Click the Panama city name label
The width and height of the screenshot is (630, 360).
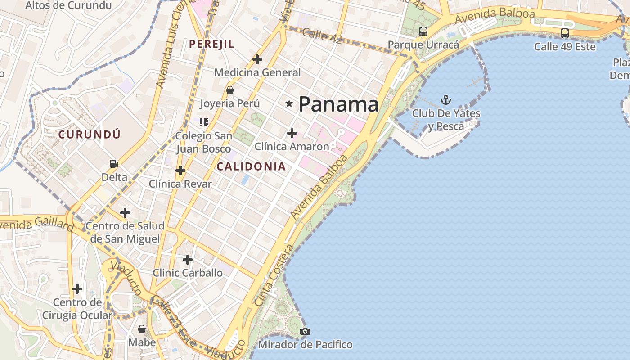[x=338, y=104]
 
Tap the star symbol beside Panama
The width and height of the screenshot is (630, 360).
[x=289, y=104]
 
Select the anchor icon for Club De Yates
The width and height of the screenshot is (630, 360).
[x=446, y=99]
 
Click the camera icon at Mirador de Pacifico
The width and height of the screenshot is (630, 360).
[x=305, y=332]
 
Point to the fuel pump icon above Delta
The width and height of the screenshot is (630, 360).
[x=114, y=164]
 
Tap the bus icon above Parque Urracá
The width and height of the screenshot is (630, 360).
[x=423, y=31]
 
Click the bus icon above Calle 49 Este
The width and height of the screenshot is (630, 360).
[x=565, y=33]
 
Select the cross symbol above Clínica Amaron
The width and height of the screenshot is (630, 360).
[x=292, y=133]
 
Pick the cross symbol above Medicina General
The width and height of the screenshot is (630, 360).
[x=257, y=59]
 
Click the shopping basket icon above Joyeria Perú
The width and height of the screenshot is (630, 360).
[x=230, y=90]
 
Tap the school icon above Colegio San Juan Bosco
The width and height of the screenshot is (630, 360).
[x=204, y=122]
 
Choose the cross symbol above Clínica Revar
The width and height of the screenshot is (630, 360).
[x=180, y=171]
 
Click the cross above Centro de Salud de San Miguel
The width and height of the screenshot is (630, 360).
[x=125, y=213]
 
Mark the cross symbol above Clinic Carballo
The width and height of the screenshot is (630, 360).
[x=188, y=260]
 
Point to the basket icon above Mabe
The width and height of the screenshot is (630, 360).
[x=142, y=329]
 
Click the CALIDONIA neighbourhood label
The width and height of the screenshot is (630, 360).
[x=251, y=166]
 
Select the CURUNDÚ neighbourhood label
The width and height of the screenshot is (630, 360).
[x=90, y=134]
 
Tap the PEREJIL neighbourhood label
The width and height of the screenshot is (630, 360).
[x=211, y=44]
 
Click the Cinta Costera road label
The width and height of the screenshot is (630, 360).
[x=274, y=275]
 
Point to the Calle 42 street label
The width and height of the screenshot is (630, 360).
[x=322, y=35]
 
